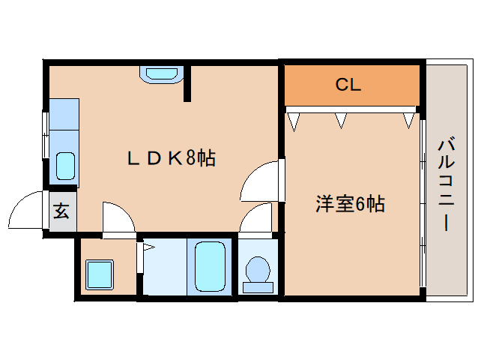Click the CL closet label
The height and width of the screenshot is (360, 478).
click(x=348, y=85)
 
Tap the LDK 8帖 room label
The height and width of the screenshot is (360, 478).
click(x=172, y=158)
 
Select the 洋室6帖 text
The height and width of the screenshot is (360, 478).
click(x=350, y=204)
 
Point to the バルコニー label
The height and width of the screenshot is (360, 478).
click(x=447, y=184)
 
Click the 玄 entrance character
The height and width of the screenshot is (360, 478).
click(x=61, y=211)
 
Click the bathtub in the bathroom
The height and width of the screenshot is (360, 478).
click(x=210, y=267)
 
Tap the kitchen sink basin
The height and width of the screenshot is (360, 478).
click(x=65, y=166)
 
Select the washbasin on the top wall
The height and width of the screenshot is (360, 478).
click(x=162, y=74)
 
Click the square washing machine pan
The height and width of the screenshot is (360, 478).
click(x=100, y=274)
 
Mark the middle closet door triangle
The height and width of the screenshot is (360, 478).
click(x=341, y=121)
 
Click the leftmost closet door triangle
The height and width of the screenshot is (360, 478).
click(x=294, y=122)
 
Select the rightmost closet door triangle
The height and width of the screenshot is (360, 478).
click(x=408, y=121)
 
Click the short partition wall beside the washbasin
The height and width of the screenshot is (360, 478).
click(x=187, y=83)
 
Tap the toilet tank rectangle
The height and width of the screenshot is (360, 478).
click(x=258, y=288)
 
